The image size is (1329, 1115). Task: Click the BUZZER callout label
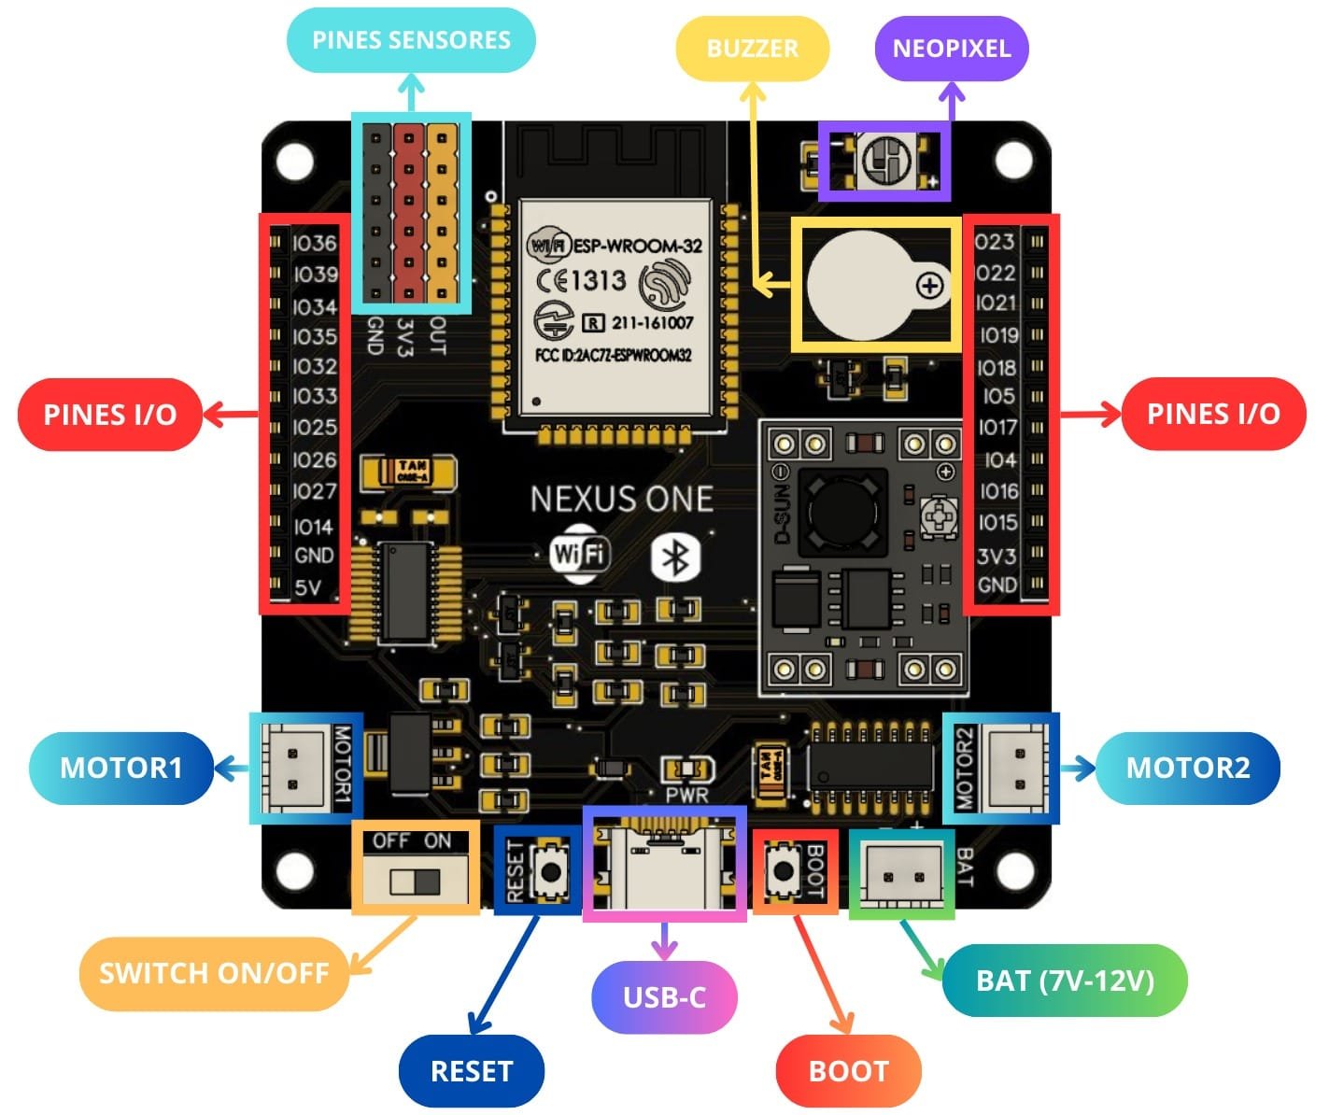(752, 48)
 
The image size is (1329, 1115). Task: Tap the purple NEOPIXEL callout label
(951, 48)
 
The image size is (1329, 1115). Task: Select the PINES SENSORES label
(411, 40)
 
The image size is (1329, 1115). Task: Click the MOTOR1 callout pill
(121, 768)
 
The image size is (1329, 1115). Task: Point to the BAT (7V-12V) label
(1065, 981)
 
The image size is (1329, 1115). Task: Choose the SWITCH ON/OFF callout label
(214, 973)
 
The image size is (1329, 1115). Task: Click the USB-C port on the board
(664, 865)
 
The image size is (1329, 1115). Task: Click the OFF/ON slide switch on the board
(415, 881)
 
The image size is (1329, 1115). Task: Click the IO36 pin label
(314, 243)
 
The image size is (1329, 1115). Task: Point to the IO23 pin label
(995, 242)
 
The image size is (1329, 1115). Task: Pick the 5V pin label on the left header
(308, 587)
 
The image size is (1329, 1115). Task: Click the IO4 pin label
(1000, 459)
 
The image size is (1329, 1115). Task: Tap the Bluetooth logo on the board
(675, 557)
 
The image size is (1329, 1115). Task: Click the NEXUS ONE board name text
(622, 500)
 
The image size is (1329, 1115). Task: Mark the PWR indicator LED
(687, 769)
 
